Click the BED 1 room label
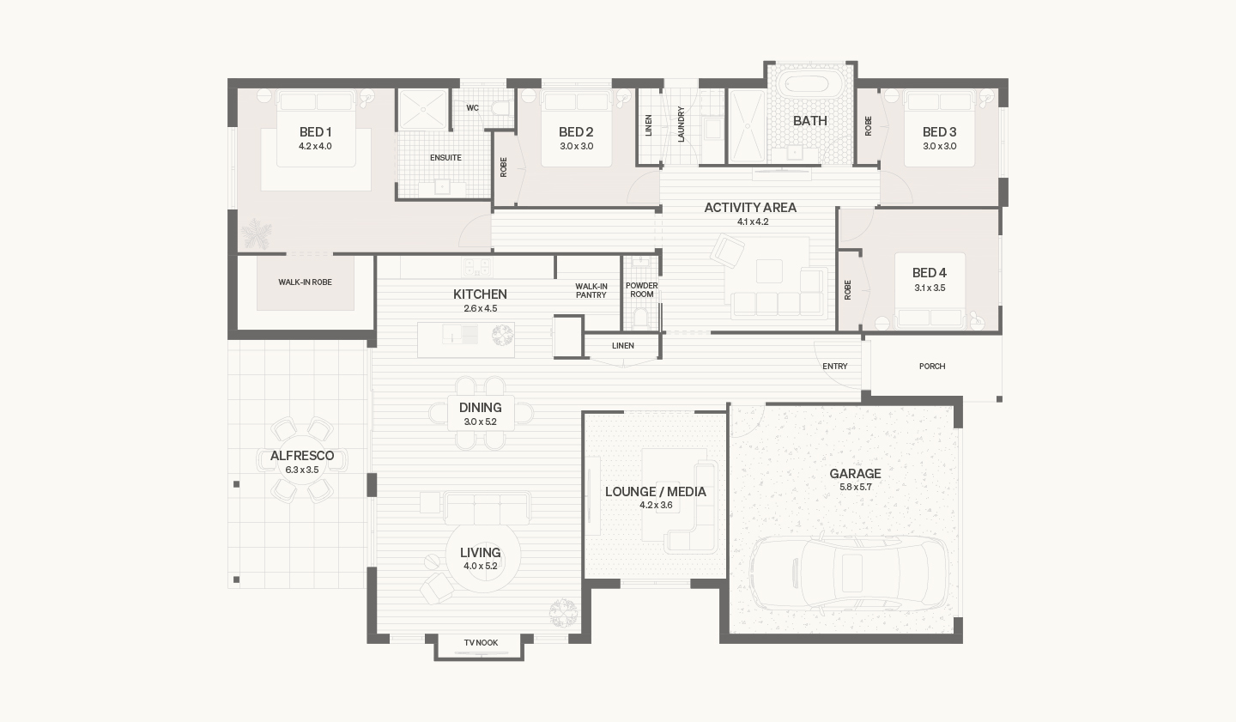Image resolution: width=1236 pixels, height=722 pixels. pyautogui.click(x=315, y=132)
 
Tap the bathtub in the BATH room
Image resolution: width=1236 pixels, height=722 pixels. pyautogui.click(x=806, y=85)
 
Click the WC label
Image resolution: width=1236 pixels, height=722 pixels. pyautogui.click(x=472, y=107)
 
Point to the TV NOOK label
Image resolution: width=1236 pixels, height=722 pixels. pyautogui.click(x=481, y=642)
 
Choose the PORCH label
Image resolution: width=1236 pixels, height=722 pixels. pyautogui.click(x=932, y=366)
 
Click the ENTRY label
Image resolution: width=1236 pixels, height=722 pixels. pyautogui.click(x=835, y=366)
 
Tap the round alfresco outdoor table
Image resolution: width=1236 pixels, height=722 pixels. pyautogui.click(x=302, y=460)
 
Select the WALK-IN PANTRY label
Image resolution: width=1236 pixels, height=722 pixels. pyautogui.click(x=591, y=290)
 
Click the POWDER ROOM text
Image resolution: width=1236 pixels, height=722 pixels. pyautogui.click(x=642, y=290)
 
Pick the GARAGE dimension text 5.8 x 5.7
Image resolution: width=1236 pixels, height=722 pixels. pyautogui.click(x=855, y=487)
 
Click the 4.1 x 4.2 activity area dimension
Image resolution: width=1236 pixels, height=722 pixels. pyautogui.click(x=753, y=221)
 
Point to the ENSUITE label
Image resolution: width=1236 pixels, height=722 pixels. pyautogui.click(x=445, y=158)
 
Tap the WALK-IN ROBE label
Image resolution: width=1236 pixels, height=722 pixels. pyautogui.click(x=306, y=282)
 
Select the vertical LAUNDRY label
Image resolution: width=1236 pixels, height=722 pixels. pyautogui.click(x=681, y=124)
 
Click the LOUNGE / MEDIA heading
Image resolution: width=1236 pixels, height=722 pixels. pyautogui.click(x=656, y=492)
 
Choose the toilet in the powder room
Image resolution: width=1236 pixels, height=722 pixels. pyautogui.click(x=641, y=319)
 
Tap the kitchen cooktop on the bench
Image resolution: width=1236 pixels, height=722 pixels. pyautogui.click(x=476, y=267)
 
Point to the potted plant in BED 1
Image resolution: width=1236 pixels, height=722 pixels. pyautogui.click(x=257, y=234)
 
